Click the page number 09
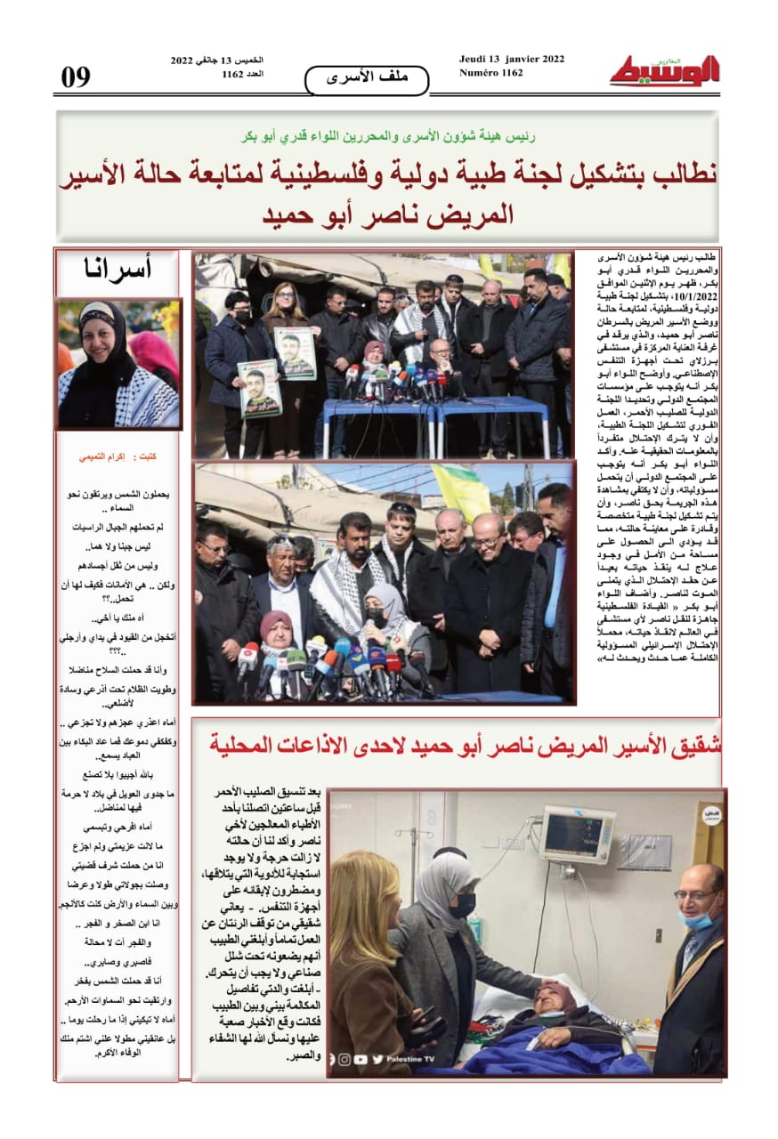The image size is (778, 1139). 77,77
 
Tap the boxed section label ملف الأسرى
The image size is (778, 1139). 366,78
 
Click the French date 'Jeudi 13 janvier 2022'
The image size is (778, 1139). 511,60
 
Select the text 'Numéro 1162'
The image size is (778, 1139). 490,73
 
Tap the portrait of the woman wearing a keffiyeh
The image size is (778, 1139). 118,364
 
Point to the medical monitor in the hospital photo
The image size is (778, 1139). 578,835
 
